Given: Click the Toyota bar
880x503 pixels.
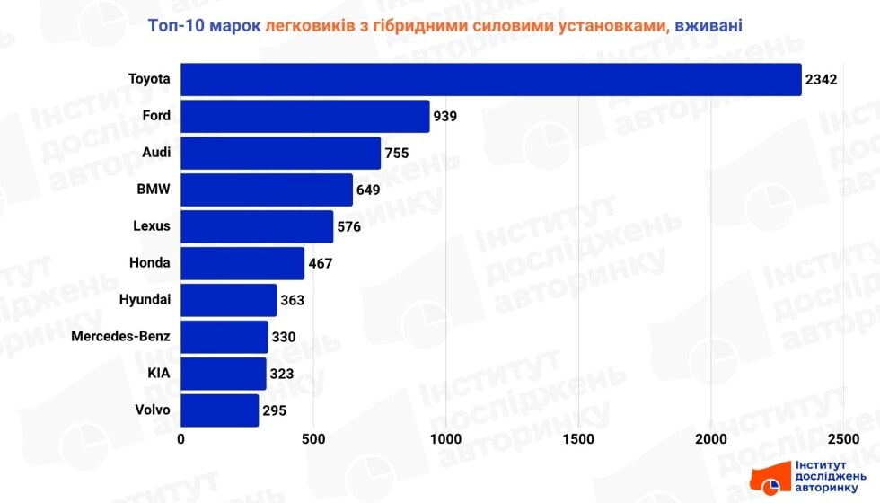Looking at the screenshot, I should tap(490, 79).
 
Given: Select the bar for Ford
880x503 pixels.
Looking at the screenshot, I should tap(305, 116).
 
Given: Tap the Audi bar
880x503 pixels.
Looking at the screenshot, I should tap(281, 153).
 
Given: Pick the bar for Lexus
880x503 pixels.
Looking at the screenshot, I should tap(257, 226).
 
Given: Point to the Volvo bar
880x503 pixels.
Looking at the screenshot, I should tap(220, 410).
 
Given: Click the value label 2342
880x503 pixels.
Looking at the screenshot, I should tap(821, 80).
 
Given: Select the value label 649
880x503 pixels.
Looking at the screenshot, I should tap(369, 190).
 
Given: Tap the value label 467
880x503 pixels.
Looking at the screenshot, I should tap(321, 263).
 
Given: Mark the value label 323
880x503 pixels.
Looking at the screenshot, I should tap(283, 374).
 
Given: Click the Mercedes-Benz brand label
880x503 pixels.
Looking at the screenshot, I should tap(120, 336).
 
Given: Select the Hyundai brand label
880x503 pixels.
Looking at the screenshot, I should tap(145, 299).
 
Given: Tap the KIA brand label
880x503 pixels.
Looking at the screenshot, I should tap(159, 373).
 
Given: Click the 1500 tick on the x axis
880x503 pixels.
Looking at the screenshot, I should tap(579, 439).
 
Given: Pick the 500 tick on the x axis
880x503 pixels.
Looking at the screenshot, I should tap(313, 439).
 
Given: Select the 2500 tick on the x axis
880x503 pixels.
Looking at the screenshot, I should tap(842, 439).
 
